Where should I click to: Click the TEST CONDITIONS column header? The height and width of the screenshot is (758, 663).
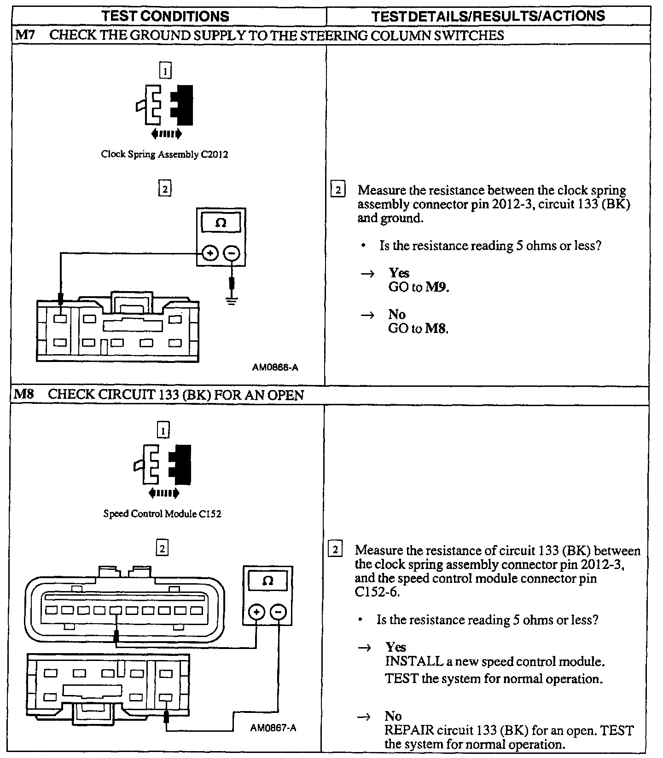[x=165, y=16]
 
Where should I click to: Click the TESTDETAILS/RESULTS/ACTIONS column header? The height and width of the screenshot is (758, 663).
[x=488, y=16]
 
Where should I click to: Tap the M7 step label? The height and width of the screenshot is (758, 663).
[x=23, y=35]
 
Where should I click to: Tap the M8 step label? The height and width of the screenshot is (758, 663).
[x=24, y=394]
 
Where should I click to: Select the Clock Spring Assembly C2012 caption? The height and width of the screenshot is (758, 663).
[x=164, y=155]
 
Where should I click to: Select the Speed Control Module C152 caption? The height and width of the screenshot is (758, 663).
[x=162, y=514]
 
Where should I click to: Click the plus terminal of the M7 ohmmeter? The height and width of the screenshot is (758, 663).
[x=210, y=253]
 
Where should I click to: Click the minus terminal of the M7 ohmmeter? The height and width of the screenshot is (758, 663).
[x=232, y=253]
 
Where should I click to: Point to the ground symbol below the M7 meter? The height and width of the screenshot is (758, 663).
[x=232, y=301]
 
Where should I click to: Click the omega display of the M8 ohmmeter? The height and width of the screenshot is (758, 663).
[x=268, y=581]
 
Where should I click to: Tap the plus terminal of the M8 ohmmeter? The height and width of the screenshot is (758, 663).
[x=256, y=612]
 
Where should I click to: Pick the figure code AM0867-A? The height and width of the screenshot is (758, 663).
[x=273, y=728]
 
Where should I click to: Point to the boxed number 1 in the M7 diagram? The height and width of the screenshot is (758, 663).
[x=165, y=71]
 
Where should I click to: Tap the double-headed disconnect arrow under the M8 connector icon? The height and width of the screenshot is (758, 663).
[x=164, y=494]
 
